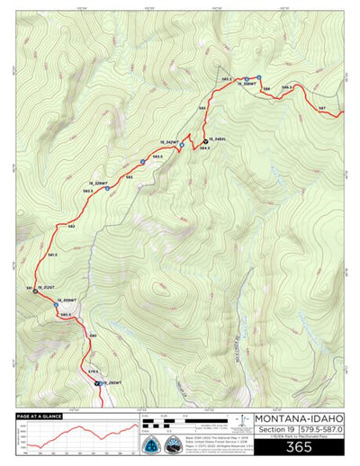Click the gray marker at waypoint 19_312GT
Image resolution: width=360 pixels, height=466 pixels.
pyautogui.click(x=35, y=292)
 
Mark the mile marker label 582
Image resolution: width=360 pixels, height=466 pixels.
pyautogui.click(x=71, y=226)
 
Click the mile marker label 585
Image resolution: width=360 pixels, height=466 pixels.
pyautogui.click(x=202, y=108)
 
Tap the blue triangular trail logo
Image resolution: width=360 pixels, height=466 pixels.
pyautogui.click(x=153, y=446)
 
